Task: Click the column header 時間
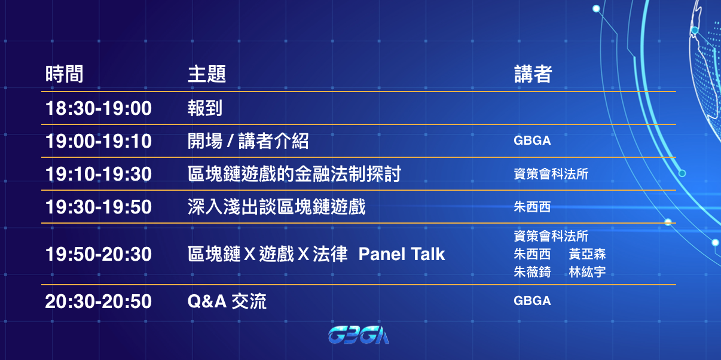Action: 65,74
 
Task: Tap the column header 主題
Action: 207,74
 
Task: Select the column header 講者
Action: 533,74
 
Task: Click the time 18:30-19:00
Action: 99,108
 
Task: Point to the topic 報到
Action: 205,108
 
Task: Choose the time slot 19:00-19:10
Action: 99,141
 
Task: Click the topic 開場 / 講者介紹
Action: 248,141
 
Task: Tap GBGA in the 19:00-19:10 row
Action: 533,141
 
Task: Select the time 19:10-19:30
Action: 99,174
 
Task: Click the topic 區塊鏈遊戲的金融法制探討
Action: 295,174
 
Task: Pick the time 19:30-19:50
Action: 99,207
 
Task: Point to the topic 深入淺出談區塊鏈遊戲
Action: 277,207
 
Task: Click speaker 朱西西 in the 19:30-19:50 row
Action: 533,207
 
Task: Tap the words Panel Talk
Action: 402,254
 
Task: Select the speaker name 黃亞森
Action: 588,254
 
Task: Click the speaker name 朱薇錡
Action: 533,272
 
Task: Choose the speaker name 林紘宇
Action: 588,272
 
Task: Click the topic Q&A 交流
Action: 227,301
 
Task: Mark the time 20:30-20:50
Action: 99,301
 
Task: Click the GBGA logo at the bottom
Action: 359,335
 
